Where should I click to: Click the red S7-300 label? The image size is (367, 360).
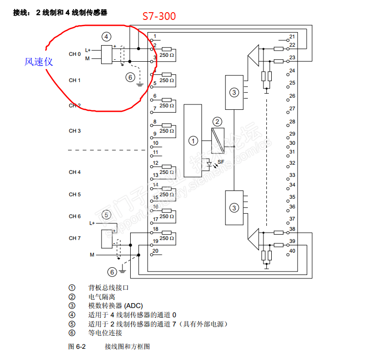point(159,17)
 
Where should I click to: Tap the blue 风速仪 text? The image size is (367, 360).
point(39,62)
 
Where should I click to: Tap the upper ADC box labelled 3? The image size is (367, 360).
point(234,92)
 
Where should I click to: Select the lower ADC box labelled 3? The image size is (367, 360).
point(234,207)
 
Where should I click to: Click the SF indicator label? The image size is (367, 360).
point(221,161)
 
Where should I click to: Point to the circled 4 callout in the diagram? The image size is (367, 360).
point(106,36)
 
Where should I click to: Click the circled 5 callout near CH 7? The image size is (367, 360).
point(106,214)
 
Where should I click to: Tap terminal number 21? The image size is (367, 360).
point(292,37)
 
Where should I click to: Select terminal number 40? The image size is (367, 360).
point(292,251)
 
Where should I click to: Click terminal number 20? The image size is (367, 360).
point(155,251)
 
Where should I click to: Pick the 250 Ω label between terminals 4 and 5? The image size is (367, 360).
point(167,80)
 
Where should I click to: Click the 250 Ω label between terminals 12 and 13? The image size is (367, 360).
point(167,172)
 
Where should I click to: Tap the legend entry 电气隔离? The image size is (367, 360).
point(102,296)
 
